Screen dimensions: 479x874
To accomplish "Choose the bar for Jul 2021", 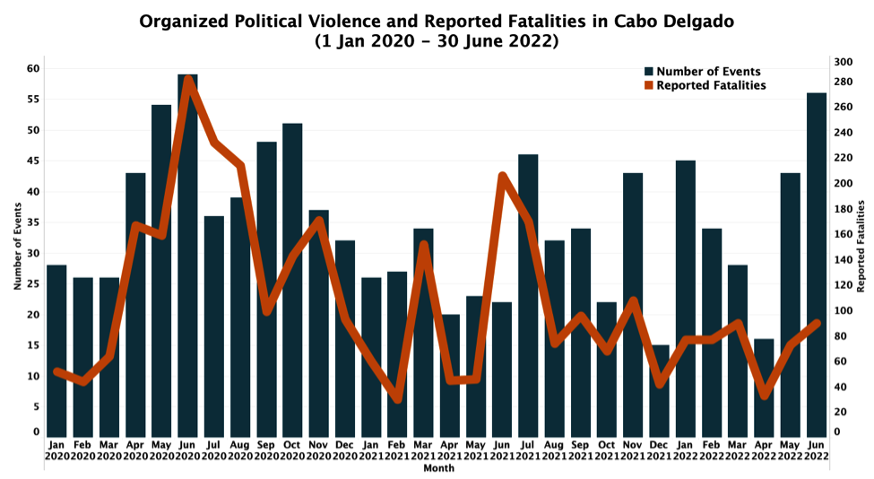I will pyautogui.click(x=528, y=296).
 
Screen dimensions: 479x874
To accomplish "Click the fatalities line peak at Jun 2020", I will pyautogui.click(x=188, y=80).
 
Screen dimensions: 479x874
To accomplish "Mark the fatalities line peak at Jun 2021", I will pyautogui.click(x=502, y=176).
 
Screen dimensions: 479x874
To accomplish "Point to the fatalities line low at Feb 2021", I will pyautogui.click(x=397, y=398).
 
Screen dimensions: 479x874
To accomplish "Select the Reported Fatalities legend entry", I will pyautogui.click(x=711, y=86).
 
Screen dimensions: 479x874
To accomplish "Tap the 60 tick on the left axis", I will pyautogui.click(x=32, y=69).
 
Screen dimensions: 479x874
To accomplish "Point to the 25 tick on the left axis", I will pyautogui.click(x=32, y=284).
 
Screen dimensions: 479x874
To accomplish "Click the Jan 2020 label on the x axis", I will pyautogui.click(x=56, y=450).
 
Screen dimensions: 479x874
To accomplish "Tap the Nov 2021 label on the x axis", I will pyautogui.click(x=633, y=450).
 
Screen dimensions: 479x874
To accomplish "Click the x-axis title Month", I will pyautogui.click(x=437, y=468).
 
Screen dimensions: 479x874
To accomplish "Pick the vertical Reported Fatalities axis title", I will pyautogui.click(x=861, y=247).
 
